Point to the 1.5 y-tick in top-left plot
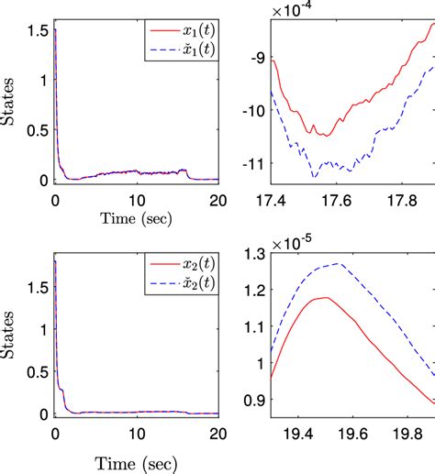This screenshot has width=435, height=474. [x=35, y=29]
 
